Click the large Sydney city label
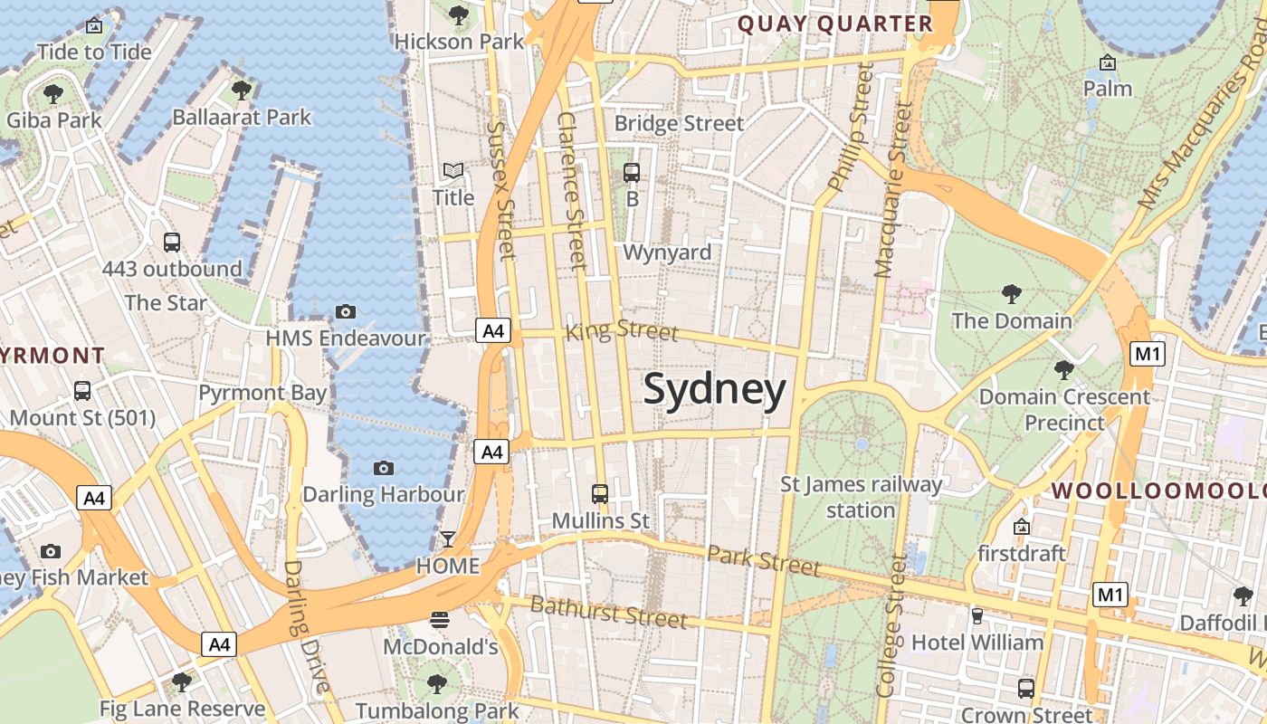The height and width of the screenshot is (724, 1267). pyautogui.click(x=715, y=390)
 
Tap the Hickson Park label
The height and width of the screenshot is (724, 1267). pyautogui.click(x=459, y=42)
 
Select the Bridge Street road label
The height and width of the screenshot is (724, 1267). pyautogui.click(x=679, y=123)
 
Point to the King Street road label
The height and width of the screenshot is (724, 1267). pyautogui.click(x=621, y=330)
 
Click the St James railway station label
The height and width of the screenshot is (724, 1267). pyautogui.click(x=861, y=497)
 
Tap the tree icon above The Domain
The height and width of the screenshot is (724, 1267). pyautogui.click(x=1012, y=293)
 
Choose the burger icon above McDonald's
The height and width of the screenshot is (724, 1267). pyautogui.click(x=440, y=619)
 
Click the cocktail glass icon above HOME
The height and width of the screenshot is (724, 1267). pyautogui.click(x=447, y=539)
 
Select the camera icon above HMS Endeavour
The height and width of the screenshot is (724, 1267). pyautogui.click(x=345, y=311)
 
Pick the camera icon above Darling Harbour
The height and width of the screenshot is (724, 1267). pyautogui.click(x=384, y=468)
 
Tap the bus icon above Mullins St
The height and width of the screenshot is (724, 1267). pyautogui.click(x=600, y=493)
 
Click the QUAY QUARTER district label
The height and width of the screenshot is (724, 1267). pyautogui.click(x=835, y=24)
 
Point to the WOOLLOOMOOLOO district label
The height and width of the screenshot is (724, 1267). pyautogui.click(x=1158, y=491)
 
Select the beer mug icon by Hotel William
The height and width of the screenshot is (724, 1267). pyautogui.click(x=976, y=616)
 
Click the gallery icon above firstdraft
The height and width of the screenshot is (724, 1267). pyautogui.click(x=1022, y=526)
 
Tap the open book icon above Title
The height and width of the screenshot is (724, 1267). pyautogui.click(x=452, y=170)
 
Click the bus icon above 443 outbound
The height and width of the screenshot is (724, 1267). pyautogui.click(x=171, y=242)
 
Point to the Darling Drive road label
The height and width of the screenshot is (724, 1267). pyautogui.click(x=307, y=626)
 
